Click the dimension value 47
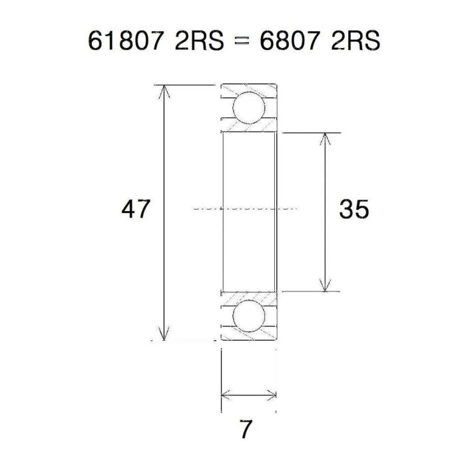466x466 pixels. tap(137, 210)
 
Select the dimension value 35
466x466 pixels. tap(354, 210)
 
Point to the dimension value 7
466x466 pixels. tap(247, 429)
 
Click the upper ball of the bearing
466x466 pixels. tap(248, 107)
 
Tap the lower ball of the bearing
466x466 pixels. tap(248, 315)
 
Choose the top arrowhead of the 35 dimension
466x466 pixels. tap(324, 138)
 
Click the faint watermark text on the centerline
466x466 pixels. tap(246, 208)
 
